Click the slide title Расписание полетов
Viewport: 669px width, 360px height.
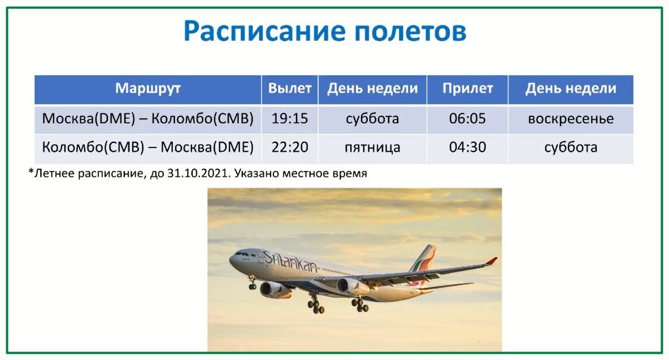click(x=325, y=32)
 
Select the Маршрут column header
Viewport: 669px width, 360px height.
click(x=148, y=89)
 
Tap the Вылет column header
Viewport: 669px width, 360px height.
click(x=290, y=89)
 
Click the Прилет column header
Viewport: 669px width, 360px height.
click(x=467, y=89)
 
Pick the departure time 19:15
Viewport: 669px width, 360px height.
click(x=290, y=119)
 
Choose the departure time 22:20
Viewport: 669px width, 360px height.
click(x=290, y=148)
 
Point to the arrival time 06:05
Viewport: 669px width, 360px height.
click(x=467, y=119)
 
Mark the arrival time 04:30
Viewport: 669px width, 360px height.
click(x=467, y=148)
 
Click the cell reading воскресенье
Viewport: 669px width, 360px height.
click(x=571, y=119)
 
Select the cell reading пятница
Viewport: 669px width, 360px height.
click(x=372, y=148)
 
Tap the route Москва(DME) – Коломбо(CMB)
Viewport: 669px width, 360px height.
click(x=148, y=119)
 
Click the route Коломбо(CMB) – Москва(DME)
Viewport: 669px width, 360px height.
click(x=148, y=148)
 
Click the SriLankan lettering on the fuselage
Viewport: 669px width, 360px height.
click(x=290, y=262)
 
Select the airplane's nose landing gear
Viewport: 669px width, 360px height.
click(x=252, y=284)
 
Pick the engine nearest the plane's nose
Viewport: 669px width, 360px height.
click(x=274, y=290)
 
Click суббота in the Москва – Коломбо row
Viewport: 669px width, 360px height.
click(x=372, y=119)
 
